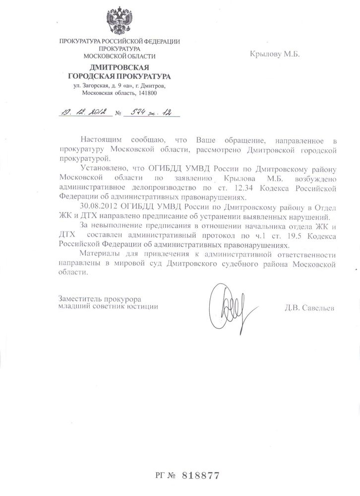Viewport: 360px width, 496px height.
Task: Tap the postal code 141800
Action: [x=147, y=93]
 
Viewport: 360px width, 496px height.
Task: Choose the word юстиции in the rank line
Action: [x=141, y=307]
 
